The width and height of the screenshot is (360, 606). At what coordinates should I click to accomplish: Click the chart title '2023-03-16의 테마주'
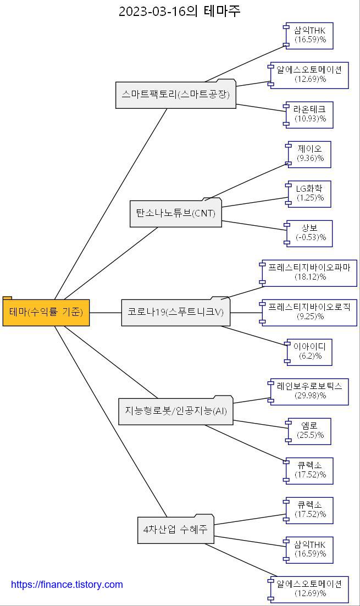[x=180, y=11]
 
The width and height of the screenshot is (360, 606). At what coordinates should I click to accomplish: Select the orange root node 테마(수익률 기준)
[x=46, y=312]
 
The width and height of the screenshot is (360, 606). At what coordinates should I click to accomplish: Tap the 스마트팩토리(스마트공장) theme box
[x=176, y=94]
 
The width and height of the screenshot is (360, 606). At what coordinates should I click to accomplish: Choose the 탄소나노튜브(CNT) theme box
[x=176, y=213]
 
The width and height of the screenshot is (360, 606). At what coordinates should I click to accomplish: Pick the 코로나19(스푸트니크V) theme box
[x=176, y=312]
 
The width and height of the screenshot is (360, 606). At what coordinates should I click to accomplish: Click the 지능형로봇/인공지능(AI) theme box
[x=176, y=411]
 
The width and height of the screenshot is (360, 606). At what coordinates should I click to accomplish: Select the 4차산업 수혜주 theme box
[x=176, y=530]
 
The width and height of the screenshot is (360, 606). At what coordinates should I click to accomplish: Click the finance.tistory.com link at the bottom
[x=67, y=585]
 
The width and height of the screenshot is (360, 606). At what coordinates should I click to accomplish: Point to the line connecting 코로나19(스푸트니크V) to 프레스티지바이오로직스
[x=245, y=312]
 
